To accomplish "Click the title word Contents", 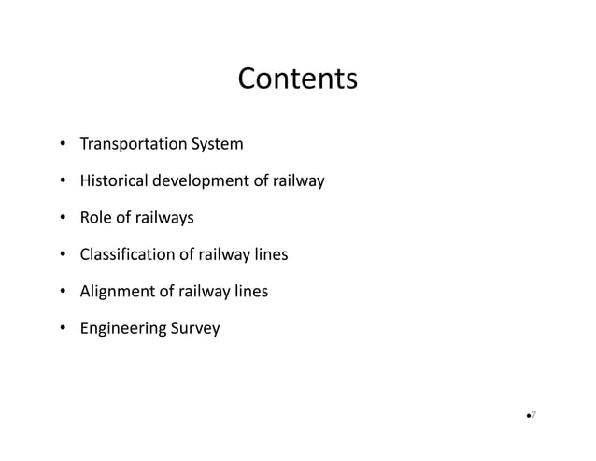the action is tap(297, 79).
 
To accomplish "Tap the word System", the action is tap(217, 145).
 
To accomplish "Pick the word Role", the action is tap(96, 218).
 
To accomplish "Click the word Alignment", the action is tap(118, 292).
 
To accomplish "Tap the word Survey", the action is tap(194, 328).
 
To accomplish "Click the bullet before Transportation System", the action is tap(63, 145).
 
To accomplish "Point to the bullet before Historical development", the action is tap(63, 181).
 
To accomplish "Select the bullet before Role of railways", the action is tap(63, 218).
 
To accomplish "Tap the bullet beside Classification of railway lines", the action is tap(63, 254).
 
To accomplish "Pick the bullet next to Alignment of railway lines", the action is tap(63, 292).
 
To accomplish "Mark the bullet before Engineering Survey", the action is tap(63, 328).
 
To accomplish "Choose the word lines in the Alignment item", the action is tap(250, 292).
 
